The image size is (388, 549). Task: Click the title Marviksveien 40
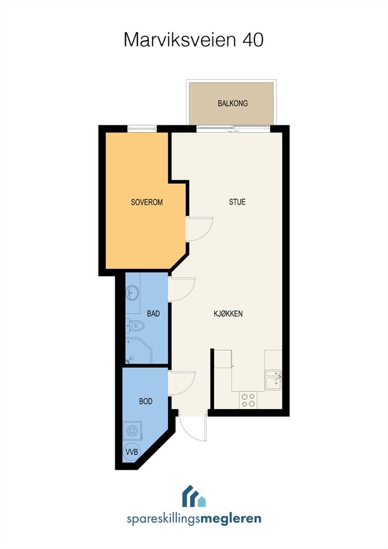pos(194,40)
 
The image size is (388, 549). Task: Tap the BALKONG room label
pos(233,103)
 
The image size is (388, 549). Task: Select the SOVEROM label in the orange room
pos(147,202)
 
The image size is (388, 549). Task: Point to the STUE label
pos(237,202)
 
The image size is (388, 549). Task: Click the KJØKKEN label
pos(228,313)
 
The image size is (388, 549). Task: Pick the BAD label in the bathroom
pos(153,313)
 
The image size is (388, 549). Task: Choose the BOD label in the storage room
pos(146,401)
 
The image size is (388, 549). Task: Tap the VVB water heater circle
pos(132,452)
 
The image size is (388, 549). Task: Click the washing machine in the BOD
pos(133,431)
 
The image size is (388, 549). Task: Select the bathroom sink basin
pos(133,293)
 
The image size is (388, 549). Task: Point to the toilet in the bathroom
pos(135,326)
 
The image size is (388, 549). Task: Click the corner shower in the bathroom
pos(138,351)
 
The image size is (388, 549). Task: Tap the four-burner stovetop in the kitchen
pos(248,400)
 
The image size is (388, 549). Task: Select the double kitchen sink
pos(273,380)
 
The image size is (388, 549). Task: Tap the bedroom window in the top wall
pos(142,129)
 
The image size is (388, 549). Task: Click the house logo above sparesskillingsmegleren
pos(194,496)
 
